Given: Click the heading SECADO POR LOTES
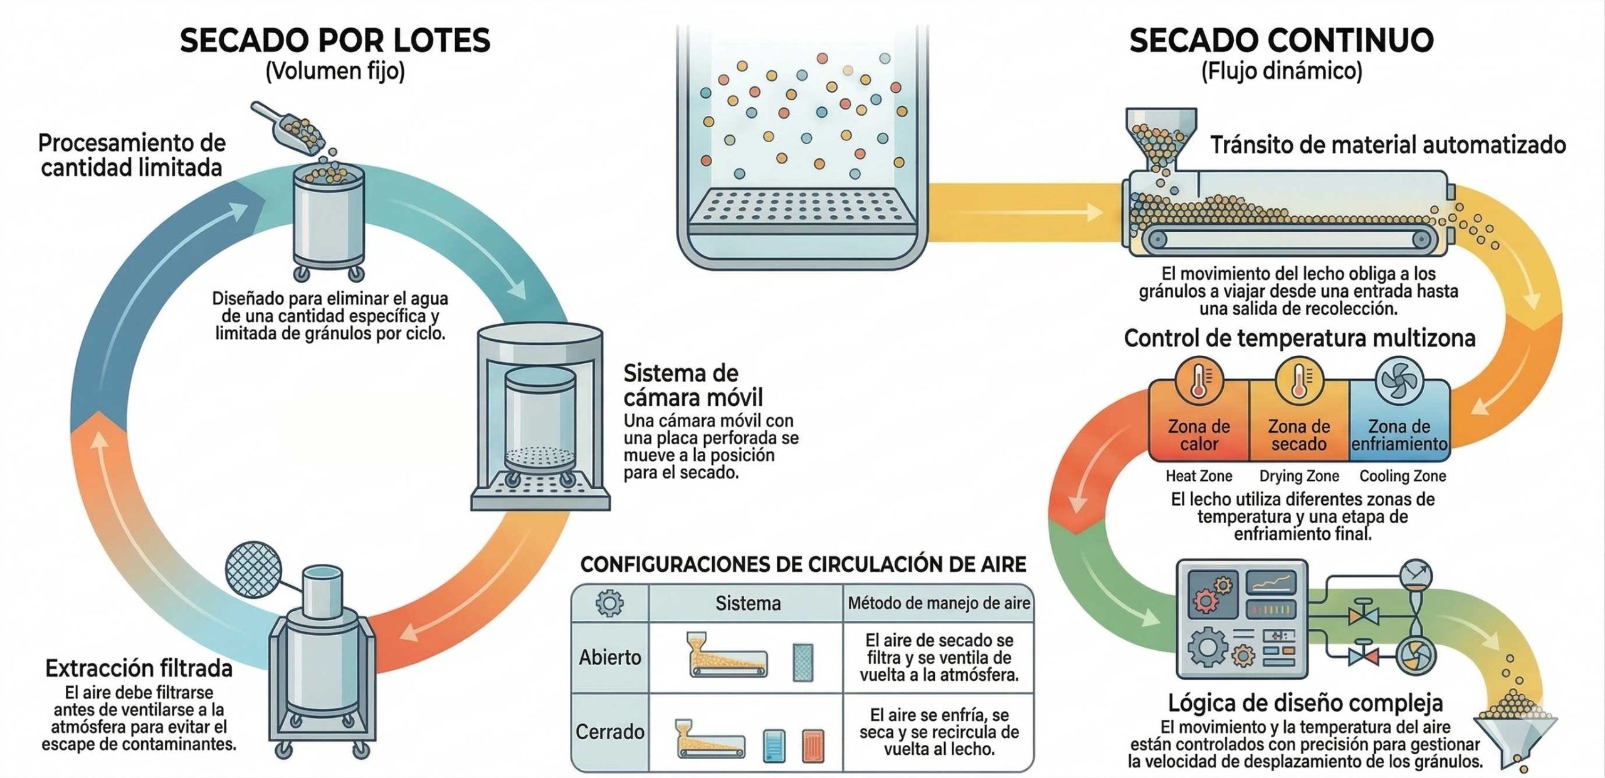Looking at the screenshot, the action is coord(335,41).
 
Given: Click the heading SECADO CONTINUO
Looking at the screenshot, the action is coord(1281,41).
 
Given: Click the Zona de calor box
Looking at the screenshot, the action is coord(1199,420).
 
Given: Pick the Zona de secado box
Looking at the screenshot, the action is coord(1299,420).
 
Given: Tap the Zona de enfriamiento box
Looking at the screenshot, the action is coord(1399,420).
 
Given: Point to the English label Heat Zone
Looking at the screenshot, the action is coord(1199,476).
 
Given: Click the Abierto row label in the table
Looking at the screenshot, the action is coord(610,657).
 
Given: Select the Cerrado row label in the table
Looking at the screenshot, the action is coord(610,732).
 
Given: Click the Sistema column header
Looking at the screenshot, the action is coord(748,603).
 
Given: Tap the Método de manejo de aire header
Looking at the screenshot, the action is coord(939,603).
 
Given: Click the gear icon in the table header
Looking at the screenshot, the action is coord(609,603).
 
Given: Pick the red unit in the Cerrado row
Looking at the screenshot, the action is coord(813,746).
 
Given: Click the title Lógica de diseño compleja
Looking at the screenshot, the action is coord(1305,703).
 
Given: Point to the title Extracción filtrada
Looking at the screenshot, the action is coord(139,669).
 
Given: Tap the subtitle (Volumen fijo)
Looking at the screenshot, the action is coord(335,71).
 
